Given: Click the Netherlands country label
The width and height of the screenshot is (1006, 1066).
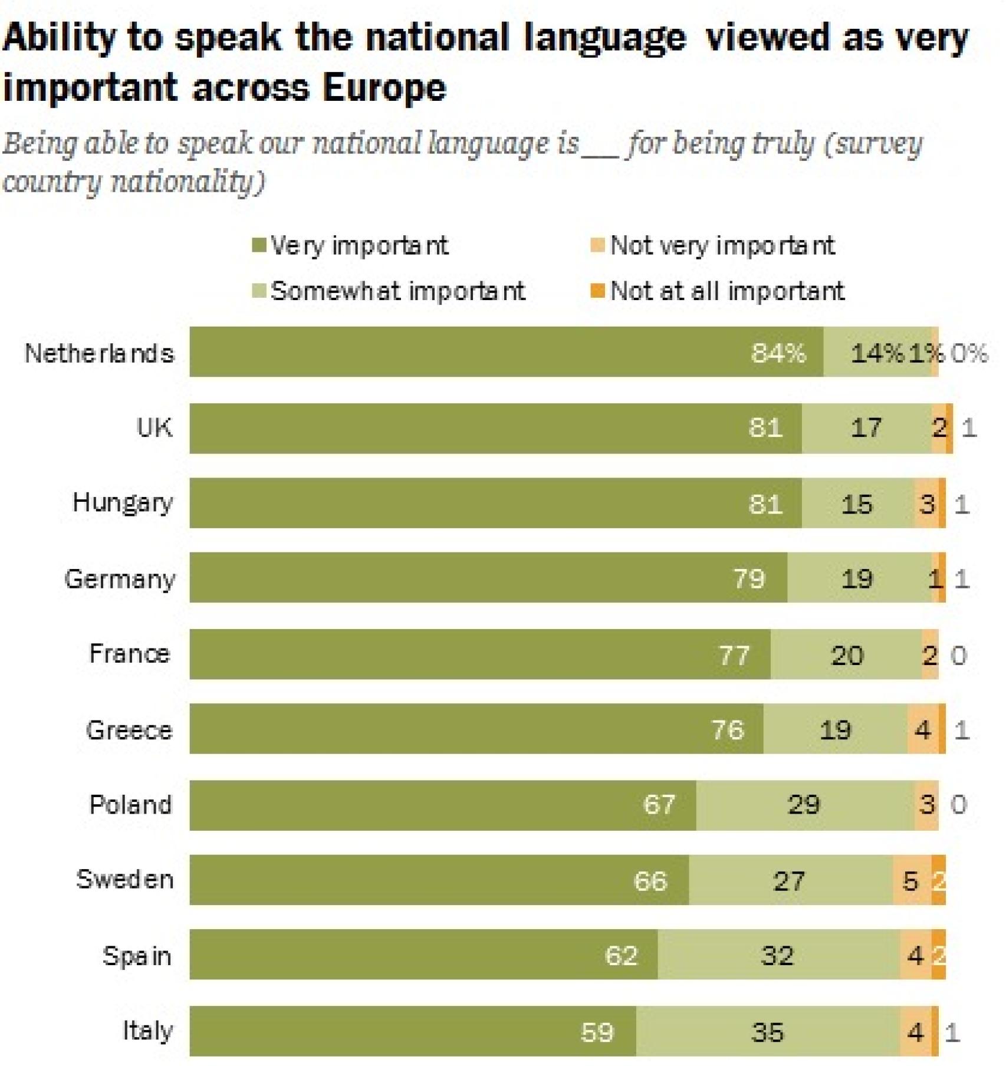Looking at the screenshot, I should pyautogui.click(x=99, y=353).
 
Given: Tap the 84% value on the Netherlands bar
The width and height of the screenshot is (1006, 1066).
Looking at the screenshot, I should pyautogui.click(x=778, y=353).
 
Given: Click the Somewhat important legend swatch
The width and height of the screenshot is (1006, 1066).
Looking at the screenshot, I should pyautogui.click(x=258, y=291).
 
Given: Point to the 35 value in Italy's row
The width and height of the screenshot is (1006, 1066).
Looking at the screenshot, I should pyautogui.click(x=767, y=1032).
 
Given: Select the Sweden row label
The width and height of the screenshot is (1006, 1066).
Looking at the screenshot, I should pyautogui.click(x=125, y=879).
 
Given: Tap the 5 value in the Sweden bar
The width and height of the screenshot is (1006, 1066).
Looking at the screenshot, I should pyautogui.click(x=910, y=881).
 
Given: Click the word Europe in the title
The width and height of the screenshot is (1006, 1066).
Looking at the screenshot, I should pyautogui.click(x=384, y=88).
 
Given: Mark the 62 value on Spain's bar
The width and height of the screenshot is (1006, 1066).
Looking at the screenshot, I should pyautogui.click(x=622, y=956).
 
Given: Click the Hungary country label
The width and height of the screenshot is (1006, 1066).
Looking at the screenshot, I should pyautogui.click(x=123, y=503).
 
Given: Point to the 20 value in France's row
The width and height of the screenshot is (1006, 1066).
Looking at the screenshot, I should pyautogui.click(x=847, y=655).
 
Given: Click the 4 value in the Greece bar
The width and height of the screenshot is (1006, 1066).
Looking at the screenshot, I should pyautogui.click(x=922, y=730).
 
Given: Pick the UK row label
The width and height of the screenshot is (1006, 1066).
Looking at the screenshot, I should pyautogui.click(x=154, y=427).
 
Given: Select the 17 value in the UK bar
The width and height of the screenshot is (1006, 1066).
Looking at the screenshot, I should pyautogui.click(x=866, y=427).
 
